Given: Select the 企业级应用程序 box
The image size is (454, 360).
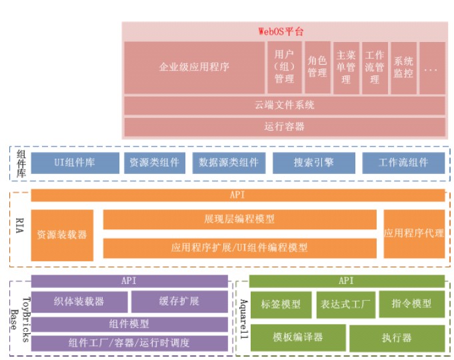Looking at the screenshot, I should click(194, 67).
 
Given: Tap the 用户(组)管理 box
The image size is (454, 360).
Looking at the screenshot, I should click(284, 67).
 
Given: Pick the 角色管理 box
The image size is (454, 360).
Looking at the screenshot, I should click(317, 67).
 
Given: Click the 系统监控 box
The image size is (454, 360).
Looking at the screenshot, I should click(403, 67).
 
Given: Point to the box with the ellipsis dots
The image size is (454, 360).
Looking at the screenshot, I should click(431, 67).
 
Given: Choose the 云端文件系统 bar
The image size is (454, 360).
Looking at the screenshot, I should click(285, 105).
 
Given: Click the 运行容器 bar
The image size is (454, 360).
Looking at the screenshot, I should click(285, 126).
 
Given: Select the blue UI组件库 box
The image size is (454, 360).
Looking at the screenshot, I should click(74, 163).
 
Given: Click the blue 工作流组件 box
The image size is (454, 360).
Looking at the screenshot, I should click(403, 163).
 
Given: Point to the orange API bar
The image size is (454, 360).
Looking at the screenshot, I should click(238, 195).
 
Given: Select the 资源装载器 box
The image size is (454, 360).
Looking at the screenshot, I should click(62, 235).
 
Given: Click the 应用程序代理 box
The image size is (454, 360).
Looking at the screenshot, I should click(414, 233).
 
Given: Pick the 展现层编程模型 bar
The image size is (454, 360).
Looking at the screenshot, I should click(239, 219).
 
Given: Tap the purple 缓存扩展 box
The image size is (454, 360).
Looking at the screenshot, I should click(179, 301).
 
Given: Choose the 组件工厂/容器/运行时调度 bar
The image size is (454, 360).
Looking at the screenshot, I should click(129, 343).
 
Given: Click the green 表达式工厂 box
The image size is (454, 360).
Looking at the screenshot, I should click(345, 304).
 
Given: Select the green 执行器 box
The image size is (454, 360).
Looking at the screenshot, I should click(397, 338).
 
